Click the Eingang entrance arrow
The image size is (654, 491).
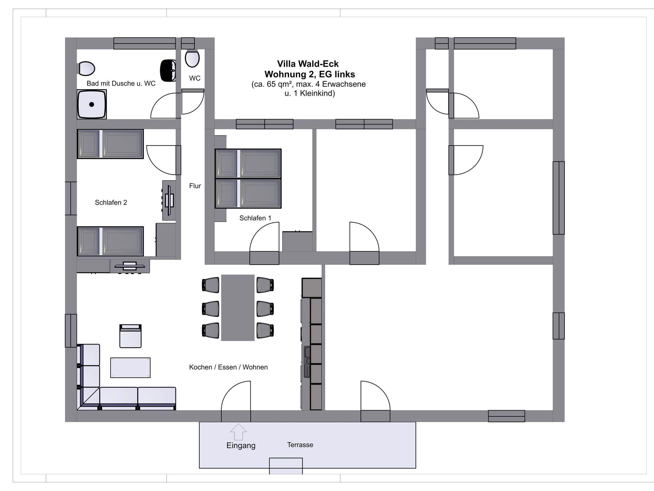[238, 432]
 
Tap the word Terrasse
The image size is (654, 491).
[300, 445]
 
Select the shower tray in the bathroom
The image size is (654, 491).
[92, 104]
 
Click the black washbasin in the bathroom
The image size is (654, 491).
[168, 70]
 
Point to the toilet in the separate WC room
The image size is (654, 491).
[192, 58]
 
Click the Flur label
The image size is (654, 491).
[195, 186]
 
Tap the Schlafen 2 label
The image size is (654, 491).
[111, 202]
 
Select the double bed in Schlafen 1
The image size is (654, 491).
[248, 178]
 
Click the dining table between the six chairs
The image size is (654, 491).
[238, 308]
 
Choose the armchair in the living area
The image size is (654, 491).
[130, 336]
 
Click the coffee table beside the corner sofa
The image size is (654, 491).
[130, 368]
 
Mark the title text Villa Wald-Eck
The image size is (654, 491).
[308, 64]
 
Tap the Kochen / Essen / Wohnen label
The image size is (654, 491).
[228, 367]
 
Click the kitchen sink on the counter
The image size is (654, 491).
[307, 362]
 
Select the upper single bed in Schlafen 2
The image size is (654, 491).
[110, 144]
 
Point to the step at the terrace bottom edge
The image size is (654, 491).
[286, 466]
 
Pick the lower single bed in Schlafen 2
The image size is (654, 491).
[110, 241]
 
